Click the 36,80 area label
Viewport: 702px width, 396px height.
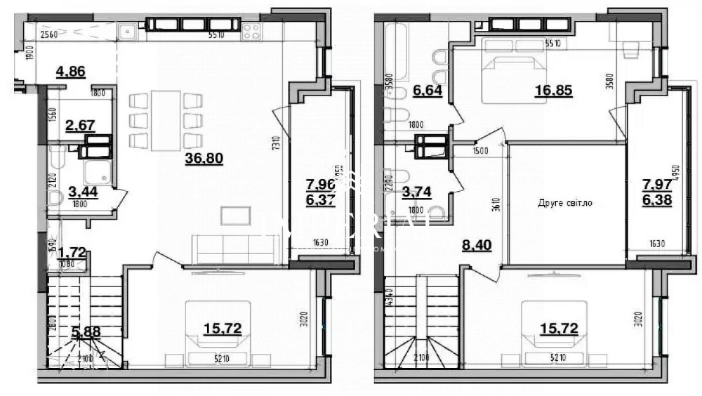(204, 159)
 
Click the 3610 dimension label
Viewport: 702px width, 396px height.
(495, 204)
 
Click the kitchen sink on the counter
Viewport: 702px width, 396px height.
(128, 31)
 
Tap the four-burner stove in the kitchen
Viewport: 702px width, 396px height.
(251, 30)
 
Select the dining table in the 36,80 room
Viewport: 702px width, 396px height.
(167, 120)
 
